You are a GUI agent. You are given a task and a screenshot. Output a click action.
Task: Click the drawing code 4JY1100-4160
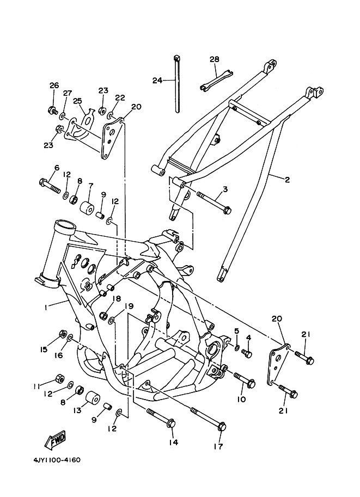[x=57, y=460]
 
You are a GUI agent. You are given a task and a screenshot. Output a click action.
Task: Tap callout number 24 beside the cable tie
[x=157, y=80]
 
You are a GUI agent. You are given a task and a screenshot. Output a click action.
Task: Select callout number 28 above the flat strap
[x=215, y=59]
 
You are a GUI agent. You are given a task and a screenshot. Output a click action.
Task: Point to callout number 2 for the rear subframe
[x=287, y=180]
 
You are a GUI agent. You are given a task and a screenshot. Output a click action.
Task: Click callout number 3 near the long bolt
[x=225, y=189]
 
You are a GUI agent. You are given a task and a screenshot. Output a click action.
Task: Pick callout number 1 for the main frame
[x=46, y=307]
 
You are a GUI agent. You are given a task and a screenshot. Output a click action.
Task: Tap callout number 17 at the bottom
[x=218, y=446]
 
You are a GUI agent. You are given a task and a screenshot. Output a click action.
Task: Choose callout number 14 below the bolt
[x=174, y=442]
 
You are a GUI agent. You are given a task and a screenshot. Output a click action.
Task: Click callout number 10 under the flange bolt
[x=241, y=399]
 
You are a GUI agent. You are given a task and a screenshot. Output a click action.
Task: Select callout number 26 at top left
[x=54, y=85]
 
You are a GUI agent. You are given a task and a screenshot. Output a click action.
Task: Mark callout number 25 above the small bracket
[x=78, y=101]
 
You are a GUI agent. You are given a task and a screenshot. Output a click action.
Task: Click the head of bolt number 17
[x=222, y=426]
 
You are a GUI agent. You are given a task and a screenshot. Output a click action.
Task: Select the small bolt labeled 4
[x=247, y=353]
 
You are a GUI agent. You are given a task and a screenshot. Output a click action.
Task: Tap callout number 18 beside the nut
[x=117, y=298]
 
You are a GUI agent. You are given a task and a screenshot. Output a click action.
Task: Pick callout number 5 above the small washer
[x=236, y=331]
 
